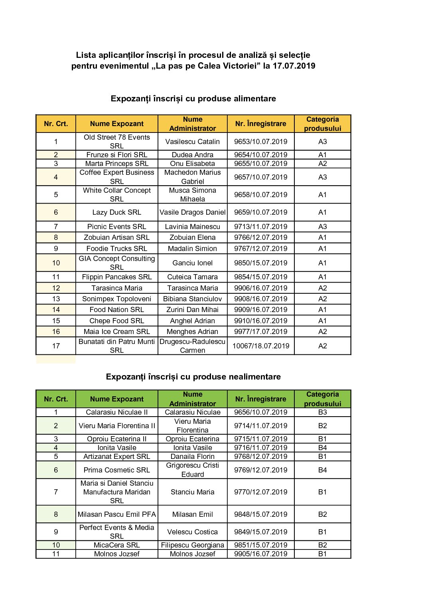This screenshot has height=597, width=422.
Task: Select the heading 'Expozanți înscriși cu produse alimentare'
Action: pyautogui.click(x=193, y=99)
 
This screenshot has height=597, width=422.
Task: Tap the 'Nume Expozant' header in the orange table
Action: pyautogui.click(x=116, y=124)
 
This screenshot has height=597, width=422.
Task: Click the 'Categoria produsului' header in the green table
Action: pyautogui.click(x=322, y=399)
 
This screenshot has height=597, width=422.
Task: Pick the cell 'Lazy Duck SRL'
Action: pyautogui.click(x=116, y=212)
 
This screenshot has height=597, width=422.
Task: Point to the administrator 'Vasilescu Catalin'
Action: pyautogui.click(x=192, y=142)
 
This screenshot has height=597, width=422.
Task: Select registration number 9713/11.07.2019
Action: pyautogui.click(x=260, y=227)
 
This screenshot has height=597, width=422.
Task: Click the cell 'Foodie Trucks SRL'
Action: pyautogui.click(x=116, y=249)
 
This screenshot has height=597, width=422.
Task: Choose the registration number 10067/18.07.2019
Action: pyautogui.click(x=260, y=346)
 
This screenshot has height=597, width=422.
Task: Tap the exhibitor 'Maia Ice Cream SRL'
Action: pyautogui.click(x=116, y=332)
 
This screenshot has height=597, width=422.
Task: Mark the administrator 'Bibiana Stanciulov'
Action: pyautogui.click(x=192, y=299)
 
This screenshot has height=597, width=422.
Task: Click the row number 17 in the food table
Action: pyautogui.click(x=56, y=346)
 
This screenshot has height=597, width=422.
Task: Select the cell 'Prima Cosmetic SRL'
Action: pyautogui.click(x=116, y=470)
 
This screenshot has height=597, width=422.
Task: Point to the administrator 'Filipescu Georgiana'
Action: pyautogui.click(x=192, y=545)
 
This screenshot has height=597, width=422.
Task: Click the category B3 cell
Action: pyautogui.click(x=322, y=412)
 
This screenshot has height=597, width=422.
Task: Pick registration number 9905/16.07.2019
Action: pyautogui.click(x=260, y=554)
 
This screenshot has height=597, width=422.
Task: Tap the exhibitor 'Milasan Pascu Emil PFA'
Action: pyautogui.click(x=116, y=514)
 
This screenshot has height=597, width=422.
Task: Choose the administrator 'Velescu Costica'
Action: pyautogui.click(x=192, y=532)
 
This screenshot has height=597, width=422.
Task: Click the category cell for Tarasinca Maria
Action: pyautogui.click(x=322, y=288)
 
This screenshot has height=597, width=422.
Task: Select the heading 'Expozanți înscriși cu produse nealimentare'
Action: pyautogui.click(x=193, y=377)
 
